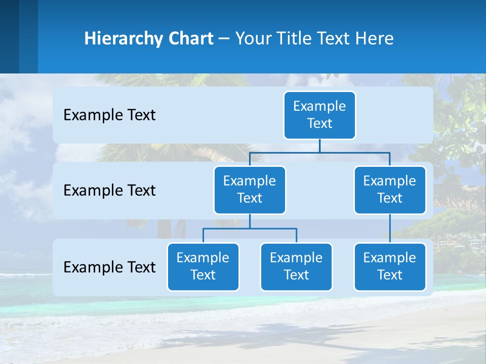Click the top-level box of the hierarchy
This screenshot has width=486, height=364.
pyautogui.click(x=319, y=115)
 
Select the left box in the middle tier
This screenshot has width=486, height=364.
pyautogui.click(x=250, y=190)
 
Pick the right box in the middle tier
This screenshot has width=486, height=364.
pyautogui.click(x=390, y=190)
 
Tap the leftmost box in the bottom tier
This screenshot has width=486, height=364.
pyautogui.click(x=203, y=266)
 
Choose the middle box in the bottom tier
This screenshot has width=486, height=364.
pyautogui.click(x=296, y=266)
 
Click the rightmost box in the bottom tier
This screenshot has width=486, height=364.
pyautogui.click(x=390, y=266)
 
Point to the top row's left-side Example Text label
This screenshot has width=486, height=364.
pyautogui.click(x=109, y=115)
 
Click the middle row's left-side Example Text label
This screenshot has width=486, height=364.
pyautogui.click(x=109, y=190)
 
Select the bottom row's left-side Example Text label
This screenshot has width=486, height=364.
pyautogui.click(x=109, y=267)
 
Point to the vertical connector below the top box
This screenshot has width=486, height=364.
pyautogui.click(x=319, y=146)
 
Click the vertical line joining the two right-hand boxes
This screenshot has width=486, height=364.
pyautogui.click(x=390, y=228)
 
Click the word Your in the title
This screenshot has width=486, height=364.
pyautogui.click(x=253, y=38)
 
